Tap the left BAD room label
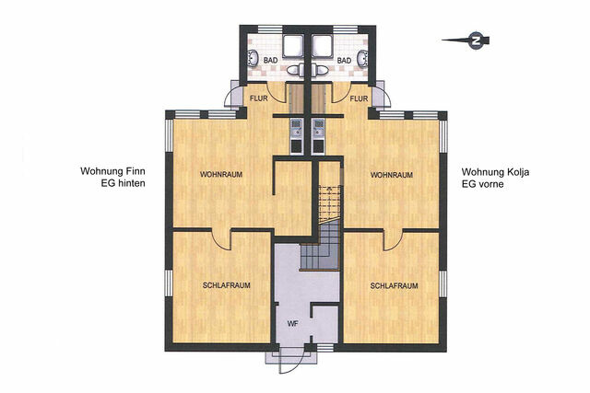270,61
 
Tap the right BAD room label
343,61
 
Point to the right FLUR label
359,98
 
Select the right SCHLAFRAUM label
394,286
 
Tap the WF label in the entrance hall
292,324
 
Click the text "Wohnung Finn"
112,171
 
